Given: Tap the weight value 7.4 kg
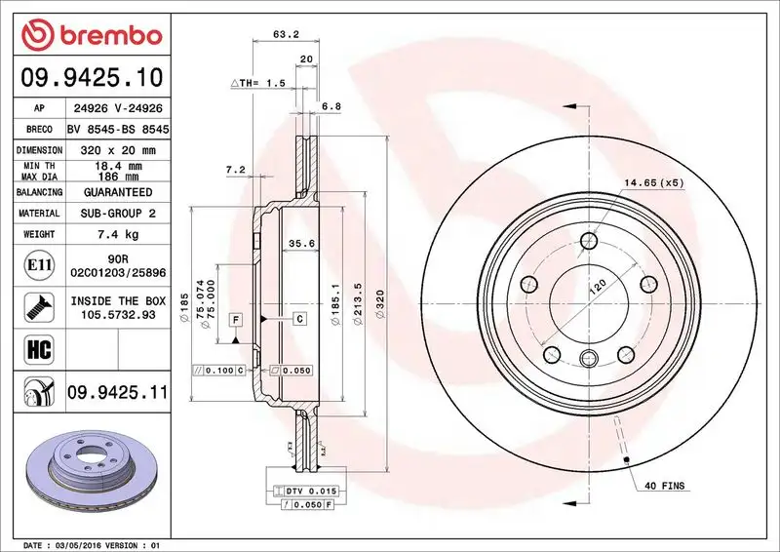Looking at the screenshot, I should pyautogui.click(x=119, y=234).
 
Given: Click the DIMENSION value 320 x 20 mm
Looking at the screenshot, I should pyautogui.click(x=119, y=150).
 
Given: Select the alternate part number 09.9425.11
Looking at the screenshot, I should pyautogui.click(x=117, y=393).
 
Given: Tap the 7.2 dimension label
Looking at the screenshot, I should pyautogui.click(x=235, y=170).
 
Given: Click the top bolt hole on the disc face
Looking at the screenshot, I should pyautogui.click(x=589, y=242).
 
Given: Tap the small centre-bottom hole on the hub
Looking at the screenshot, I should pyautogui.click(x=589, y=357).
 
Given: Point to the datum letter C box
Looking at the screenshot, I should pyautogui.click(x=299, y=319).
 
